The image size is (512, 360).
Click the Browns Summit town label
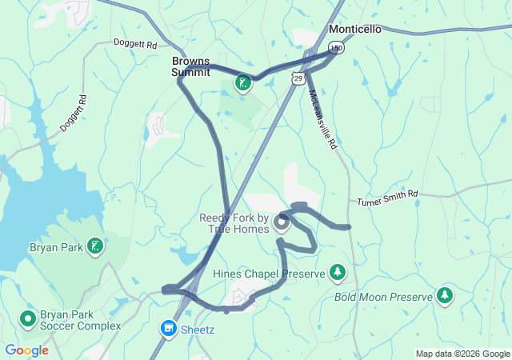point(190,66)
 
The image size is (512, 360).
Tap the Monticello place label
point(355,29)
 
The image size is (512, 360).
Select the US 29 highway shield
point(298,78)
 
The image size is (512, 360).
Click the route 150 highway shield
point(337,49)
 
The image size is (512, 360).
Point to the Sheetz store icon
point(169,328)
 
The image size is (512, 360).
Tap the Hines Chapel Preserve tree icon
point(338,274)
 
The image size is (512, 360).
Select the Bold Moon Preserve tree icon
point(445,297)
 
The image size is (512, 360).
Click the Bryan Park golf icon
point(96,246)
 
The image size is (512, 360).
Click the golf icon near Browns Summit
point(242,82)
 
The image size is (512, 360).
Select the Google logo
point(26,350)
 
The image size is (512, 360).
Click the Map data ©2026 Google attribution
point(462,354)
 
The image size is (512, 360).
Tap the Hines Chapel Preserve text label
point(269,274)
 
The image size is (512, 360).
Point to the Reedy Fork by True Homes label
point(234,223)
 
